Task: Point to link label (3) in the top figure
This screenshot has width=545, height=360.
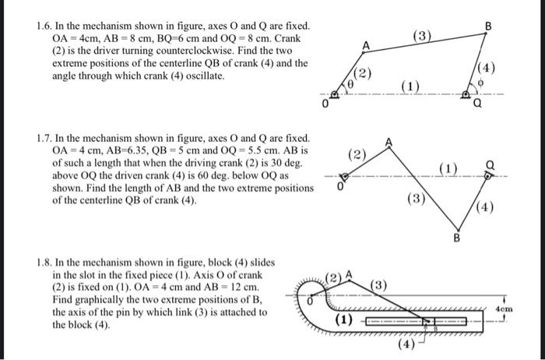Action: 421,37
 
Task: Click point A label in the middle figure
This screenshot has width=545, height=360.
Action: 389,141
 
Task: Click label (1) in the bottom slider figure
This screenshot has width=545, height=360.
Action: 343,319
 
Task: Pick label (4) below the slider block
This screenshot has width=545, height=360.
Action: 406,344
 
